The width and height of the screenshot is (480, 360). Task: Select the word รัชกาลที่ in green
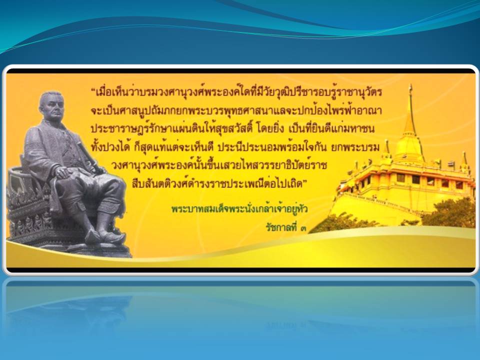point(281,227)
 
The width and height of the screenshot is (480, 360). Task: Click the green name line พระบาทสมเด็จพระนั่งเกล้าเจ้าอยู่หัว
point(239,209)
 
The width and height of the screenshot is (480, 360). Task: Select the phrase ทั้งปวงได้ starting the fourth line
point(109,147)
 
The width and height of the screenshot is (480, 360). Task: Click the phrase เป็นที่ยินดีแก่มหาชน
point(331,129)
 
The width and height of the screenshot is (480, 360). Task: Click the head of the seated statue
point(51,105)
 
